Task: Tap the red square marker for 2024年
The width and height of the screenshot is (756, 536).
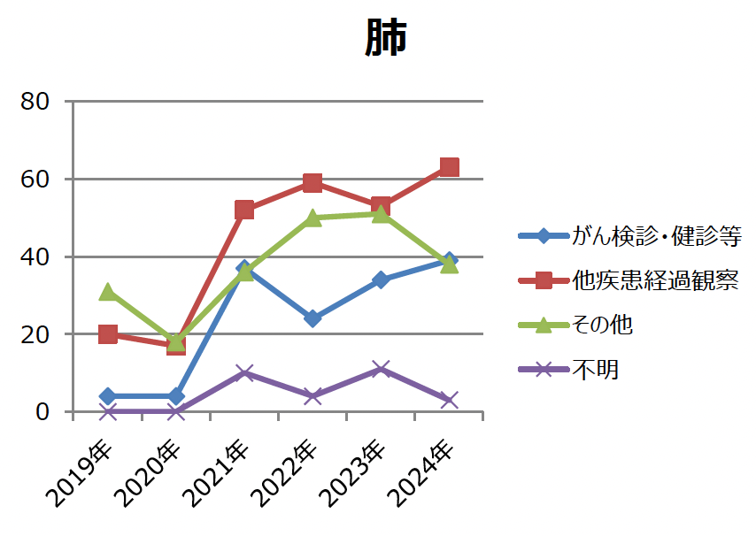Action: coord(449,167)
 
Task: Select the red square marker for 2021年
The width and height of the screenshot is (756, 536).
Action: coord(244,210)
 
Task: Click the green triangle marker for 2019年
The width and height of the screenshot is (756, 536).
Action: coord(108,291)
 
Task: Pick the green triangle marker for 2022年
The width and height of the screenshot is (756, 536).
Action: coord(312,218)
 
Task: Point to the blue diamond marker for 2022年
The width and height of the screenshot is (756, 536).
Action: coord(312,318)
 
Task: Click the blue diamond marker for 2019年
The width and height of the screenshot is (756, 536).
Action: coord(108,396)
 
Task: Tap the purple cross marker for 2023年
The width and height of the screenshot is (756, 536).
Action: coord(381,369)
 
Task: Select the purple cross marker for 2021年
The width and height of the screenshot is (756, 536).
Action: coord(244,373)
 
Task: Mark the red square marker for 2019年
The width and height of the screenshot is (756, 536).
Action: coord(108,334)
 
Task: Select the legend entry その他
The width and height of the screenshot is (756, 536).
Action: coord(602,325)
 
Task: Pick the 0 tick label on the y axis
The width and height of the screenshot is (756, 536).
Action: coord(42,412)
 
